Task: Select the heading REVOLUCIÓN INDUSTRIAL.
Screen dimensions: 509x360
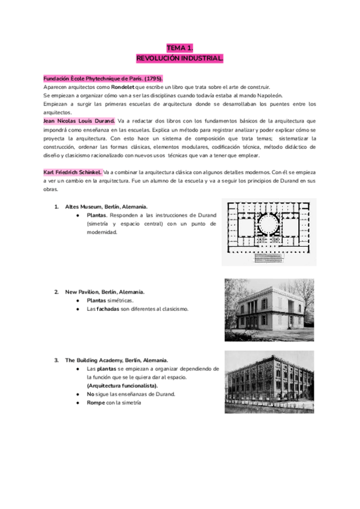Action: (180, 58)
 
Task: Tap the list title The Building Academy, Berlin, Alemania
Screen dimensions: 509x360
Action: (116, 360)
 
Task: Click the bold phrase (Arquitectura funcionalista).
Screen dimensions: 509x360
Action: (122, 385)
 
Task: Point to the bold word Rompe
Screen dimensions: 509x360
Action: (97, 403)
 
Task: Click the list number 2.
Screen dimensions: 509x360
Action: (56, 292)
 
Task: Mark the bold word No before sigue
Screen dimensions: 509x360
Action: (91, 394)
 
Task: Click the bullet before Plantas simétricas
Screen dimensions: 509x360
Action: (79, 300)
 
